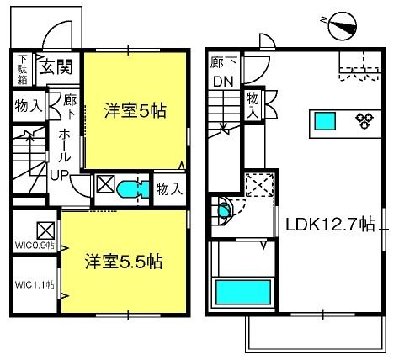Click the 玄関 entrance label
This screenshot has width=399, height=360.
point(56,66)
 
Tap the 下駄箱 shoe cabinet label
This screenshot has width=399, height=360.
point(23,70)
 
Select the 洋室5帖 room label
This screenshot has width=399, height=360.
point(136,110)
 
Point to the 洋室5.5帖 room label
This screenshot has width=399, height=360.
point(124,262)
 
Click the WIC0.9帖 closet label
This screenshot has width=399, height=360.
point(35,246)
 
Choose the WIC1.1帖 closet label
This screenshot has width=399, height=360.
point(35,285)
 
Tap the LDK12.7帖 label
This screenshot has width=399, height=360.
point(330,225)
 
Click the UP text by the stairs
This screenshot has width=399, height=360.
point(60,176)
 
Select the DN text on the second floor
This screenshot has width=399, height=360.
point(223,82)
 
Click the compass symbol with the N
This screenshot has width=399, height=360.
point(343,26)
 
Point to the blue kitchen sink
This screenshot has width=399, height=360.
point(325,121)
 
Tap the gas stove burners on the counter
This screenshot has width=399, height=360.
point(364,120)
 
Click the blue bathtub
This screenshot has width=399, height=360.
point(243,293)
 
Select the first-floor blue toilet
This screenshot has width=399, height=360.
point(132,188)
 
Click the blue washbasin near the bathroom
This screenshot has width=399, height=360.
point(224,210)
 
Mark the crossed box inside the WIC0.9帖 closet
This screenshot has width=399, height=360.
point(45,230)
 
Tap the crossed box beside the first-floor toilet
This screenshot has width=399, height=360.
point(105,183)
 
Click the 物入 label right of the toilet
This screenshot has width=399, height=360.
point(169,189)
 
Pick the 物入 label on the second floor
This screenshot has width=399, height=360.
point(253,105)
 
